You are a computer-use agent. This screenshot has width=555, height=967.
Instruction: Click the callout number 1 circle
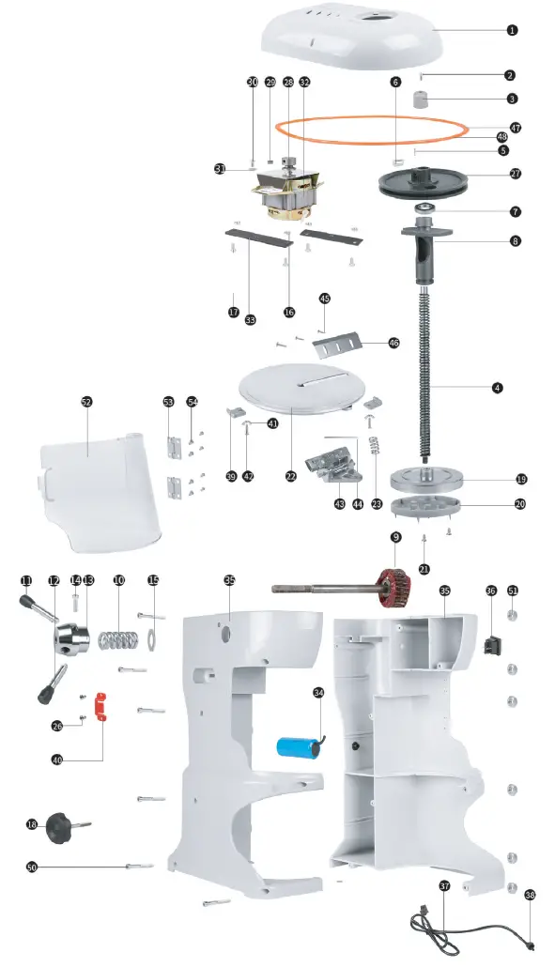click(x=512, y=30)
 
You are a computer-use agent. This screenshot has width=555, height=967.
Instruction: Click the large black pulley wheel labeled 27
click(x=427, y=180)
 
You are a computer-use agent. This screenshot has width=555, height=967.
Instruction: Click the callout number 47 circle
click(x=516, y=127)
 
